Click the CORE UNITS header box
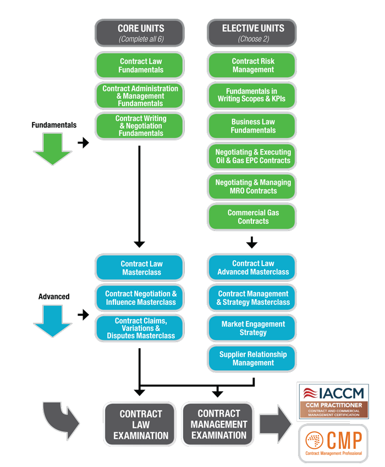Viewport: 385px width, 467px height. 141,33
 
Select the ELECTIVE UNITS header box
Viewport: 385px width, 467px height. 253,33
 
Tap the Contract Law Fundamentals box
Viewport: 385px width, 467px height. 141,65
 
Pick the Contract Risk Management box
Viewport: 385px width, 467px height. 253,65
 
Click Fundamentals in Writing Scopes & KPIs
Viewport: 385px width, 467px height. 253,95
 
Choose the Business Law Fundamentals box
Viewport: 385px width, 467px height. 253,126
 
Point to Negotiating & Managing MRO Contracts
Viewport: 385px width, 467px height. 253,186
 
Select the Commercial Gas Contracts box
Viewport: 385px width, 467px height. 253,217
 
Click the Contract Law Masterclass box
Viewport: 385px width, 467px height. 141,267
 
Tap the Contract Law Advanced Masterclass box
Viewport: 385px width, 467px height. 253,267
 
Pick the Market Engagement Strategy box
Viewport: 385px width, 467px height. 253,328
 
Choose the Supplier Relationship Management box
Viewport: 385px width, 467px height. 253,359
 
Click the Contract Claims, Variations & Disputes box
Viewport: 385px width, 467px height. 141,328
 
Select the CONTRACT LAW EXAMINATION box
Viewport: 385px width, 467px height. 141,424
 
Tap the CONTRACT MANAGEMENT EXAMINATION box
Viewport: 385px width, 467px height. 218,424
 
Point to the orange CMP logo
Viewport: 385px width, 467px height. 333,443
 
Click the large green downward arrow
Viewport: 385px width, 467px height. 52,149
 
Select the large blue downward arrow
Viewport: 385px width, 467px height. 52,321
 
